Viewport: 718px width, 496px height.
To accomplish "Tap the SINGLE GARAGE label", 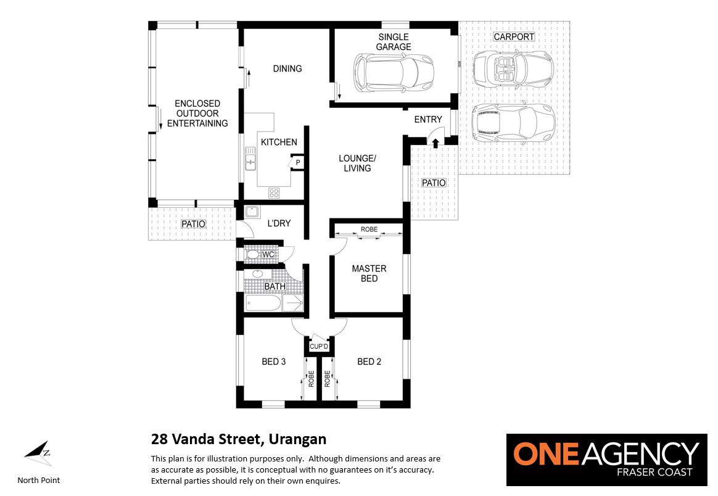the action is pos(394,42).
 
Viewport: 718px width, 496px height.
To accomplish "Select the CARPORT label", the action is pos(514,36).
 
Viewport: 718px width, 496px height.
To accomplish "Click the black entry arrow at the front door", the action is pos(435,143).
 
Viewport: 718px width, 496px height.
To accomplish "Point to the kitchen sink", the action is pos(250,158).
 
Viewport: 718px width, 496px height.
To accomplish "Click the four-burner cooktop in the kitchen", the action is pos(274,193).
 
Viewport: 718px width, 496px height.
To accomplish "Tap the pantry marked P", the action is pos(298,162).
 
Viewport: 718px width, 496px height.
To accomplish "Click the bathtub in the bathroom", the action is pos(263,303).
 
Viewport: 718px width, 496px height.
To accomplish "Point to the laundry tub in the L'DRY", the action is pos(252,212).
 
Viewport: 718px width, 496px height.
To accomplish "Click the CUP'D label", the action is pos(319,346).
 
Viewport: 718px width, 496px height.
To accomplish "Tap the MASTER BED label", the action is pos(369,273).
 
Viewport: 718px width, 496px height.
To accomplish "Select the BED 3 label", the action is pos(273,362).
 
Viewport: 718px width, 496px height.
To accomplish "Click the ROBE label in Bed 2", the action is pos(327,379).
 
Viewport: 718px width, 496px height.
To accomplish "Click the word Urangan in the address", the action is pos(297,439).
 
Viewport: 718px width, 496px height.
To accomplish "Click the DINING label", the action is pos(287,68).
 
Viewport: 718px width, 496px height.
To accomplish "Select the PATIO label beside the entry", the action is pos(434,183).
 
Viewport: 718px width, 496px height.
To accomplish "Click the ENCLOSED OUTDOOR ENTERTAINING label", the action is pos(197,113).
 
